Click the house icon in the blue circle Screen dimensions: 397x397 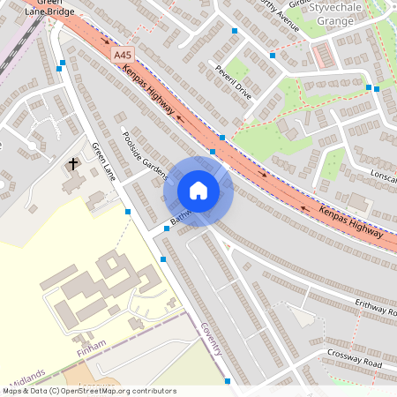198,191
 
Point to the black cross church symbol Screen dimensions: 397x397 73,164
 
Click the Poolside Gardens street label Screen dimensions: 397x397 145,154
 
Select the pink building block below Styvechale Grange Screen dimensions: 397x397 322,56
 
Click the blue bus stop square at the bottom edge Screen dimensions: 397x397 228,381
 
